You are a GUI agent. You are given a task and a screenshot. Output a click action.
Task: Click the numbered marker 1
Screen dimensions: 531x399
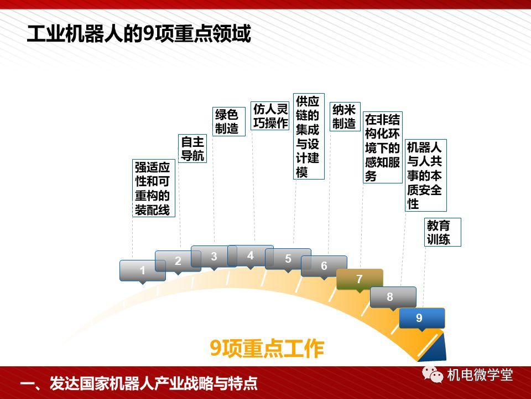tap(143, 271)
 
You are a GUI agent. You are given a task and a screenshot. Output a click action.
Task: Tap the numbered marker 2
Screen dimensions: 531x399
tap(178, 261)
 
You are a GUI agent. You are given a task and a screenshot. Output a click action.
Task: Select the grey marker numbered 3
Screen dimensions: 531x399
tap(214, 257)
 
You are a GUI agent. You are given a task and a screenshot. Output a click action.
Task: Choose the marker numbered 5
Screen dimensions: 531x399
tap(288, 259)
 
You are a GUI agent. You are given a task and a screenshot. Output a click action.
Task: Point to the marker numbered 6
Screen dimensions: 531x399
tap(324, 266)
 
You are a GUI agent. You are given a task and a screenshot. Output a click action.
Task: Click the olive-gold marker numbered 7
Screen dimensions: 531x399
tap(360, 279)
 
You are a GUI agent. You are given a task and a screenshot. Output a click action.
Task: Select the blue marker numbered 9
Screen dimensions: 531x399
tap(422, 318)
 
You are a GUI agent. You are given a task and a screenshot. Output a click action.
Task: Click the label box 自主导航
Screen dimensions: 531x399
tap(192, 149)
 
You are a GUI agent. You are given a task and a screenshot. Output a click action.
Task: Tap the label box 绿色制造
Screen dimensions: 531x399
tap(229, 121)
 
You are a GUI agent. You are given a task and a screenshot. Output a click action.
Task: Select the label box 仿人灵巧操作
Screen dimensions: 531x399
tap(270, 116)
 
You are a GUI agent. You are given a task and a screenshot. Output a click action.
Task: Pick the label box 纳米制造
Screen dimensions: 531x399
tap(345, 116)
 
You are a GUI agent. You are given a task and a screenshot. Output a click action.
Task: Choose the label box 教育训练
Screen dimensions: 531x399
tap(443, 232)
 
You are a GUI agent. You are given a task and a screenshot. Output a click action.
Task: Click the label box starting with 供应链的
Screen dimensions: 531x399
tap(309, 136)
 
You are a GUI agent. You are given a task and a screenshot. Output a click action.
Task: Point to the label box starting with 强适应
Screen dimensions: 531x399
tap(154, 188)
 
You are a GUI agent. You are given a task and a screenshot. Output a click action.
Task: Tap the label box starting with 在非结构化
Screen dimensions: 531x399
tap(383, 147)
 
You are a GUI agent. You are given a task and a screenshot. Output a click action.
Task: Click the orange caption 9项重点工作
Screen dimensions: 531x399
tap(267, 348)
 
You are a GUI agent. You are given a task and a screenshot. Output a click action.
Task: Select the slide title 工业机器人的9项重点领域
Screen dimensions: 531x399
tap(139, 34)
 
